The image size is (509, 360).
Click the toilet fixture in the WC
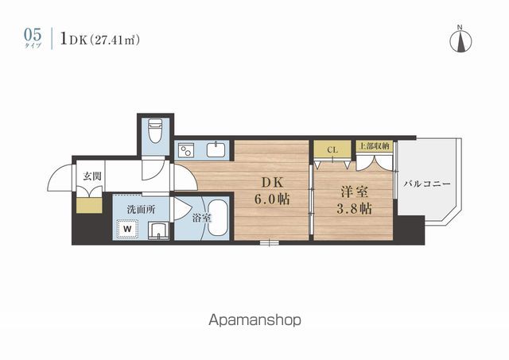(x=156, y=130)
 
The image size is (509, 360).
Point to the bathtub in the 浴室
(x=216, y=218)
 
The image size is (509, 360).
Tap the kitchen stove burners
(x=186, y=150)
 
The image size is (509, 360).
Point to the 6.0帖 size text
(x=270, y=199)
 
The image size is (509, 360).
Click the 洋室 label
(x=354, y=192)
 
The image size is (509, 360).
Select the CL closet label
(x=332, y=149)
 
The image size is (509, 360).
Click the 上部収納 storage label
(x=374, y=147)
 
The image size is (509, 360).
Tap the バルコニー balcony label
(x=426, y=184)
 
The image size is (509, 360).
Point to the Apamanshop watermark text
(x=254, y=321)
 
